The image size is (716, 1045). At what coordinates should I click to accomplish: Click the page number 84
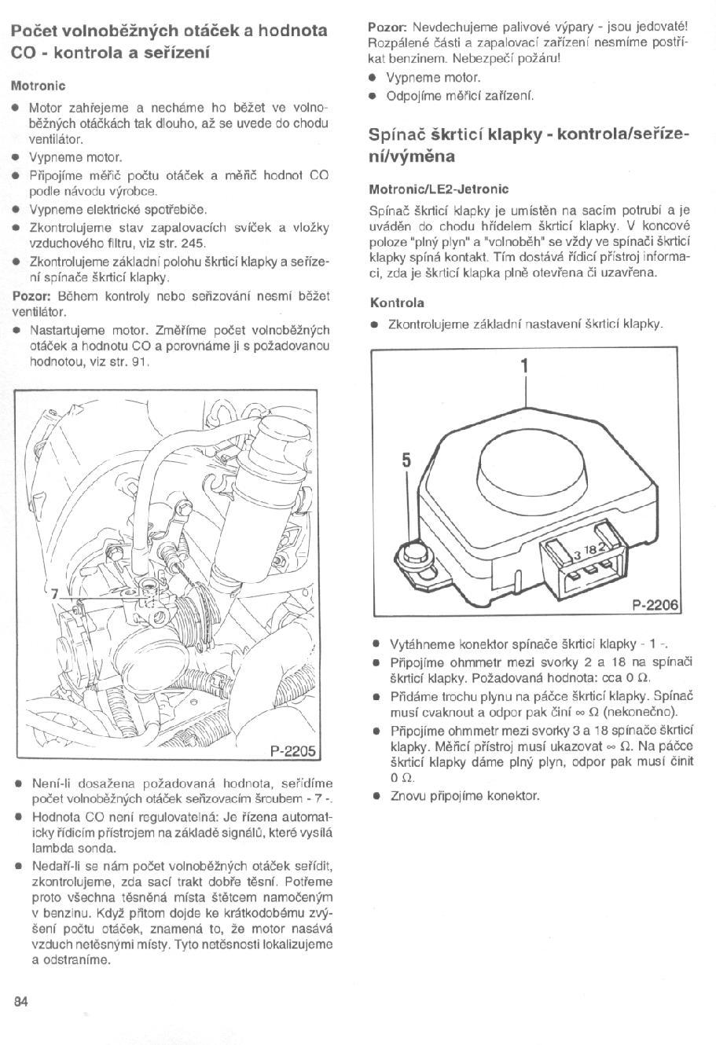click(x=20, y=1001)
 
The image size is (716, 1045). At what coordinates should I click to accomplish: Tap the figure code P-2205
click(x=292, y=750)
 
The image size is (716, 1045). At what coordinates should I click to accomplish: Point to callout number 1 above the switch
click(x=524, y=366)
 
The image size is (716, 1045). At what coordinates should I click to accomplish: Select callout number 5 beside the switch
click(x=406, y=461)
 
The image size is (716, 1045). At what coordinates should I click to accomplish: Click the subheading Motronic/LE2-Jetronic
click(x=439, y=189)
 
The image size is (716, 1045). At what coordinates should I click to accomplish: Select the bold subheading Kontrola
click(x=397, y=302)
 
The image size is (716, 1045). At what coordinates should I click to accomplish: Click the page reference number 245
click(x=193, y=243)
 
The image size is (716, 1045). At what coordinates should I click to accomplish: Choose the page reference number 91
click(x=139, y=362)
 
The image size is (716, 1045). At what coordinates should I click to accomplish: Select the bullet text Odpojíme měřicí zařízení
click(x=461, y=96)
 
